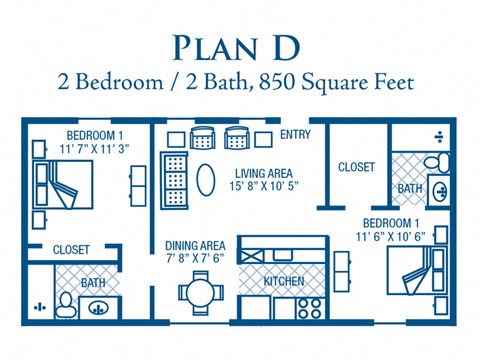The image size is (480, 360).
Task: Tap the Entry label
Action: (295, 134)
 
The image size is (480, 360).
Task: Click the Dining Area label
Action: (195, 244)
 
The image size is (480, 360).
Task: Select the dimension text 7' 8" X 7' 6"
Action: (195, 258)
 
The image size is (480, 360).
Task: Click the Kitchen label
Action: (283, 282)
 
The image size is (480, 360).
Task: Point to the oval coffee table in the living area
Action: (206, 181)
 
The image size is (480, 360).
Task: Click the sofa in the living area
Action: (173, 178)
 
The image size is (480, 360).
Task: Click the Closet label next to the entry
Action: (356, 167)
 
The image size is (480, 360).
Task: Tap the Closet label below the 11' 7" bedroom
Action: (71, 249)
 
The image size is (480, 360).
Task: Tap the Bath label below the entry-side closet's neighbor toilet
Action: (410, 188)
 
